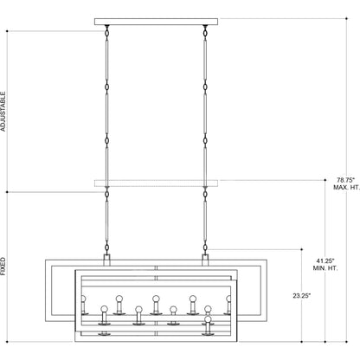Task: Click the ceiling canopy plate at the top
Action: click(x=156, y=21)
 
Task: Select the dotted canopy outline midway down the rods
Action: click(x=156, y=182)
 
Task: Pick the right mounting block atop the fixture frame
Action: click(x=206, y=258)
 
